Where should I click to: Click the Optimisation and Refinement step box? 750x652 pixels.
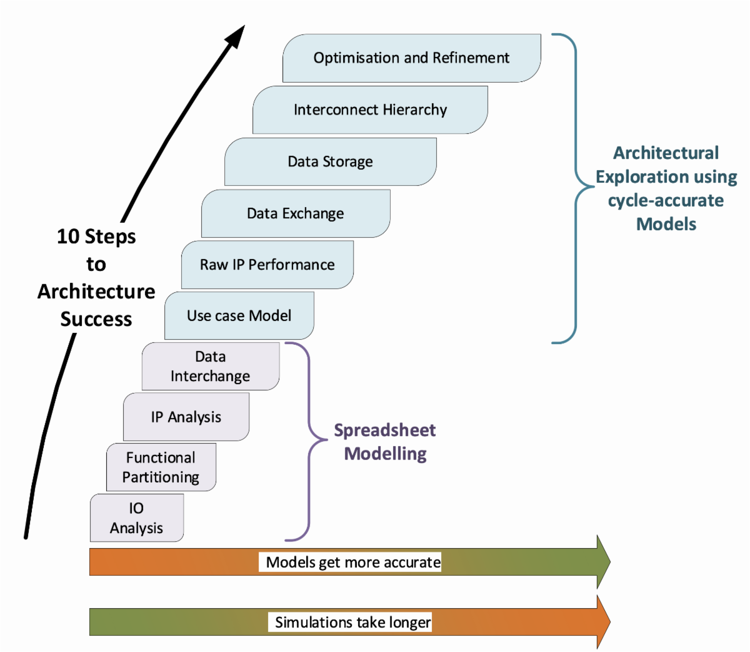[x=411, y=58]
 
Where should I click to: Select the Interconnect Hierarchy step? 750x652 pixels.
[x=370, y=110]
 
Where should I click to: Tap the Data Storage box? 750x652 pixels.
[x=330, y=162]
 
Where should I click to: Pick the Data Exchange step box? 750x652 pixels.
[x=295, y=214]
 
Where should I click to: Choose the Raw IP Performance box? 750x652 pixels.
[x=267, y=265]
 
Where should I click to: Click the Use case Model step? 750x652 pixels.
[x=239, y=316]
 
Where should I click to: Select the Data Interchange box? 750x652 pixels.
[x=210, y=367]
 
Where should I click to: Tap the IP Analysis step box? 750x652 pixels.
[x=186, y=417]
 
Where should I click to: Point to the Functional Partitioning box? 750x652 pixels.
[x=161, y=467]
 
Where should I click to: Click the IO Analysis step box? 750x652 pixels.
[x=136, y=518]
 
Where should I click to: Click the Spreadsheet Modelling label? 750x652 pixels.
[x=385, y=442]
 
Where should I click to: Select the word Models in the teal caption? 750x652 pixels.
[x=666, y=224]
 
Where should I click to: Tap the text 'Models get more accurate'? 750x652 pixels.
[x=353, y=562]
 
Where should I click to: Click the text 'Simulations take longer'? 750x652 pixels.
[x=352, y=623]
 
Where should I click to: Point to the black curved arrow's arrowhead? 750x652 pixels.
[x=237, y=35]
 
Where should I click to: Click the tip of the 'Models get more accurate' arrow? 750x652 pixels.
[x=609, y=562]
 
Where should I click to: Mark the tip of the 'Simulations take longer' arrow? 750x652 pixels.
[x=609, y=622]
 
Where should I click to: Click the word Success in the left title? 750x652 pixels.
[x=96, y=319]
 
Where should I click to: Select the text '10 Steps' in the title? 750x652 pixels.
[x=96, y=237]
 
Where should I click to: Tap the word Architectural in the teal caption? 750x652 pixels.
[x=666, y=153]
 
